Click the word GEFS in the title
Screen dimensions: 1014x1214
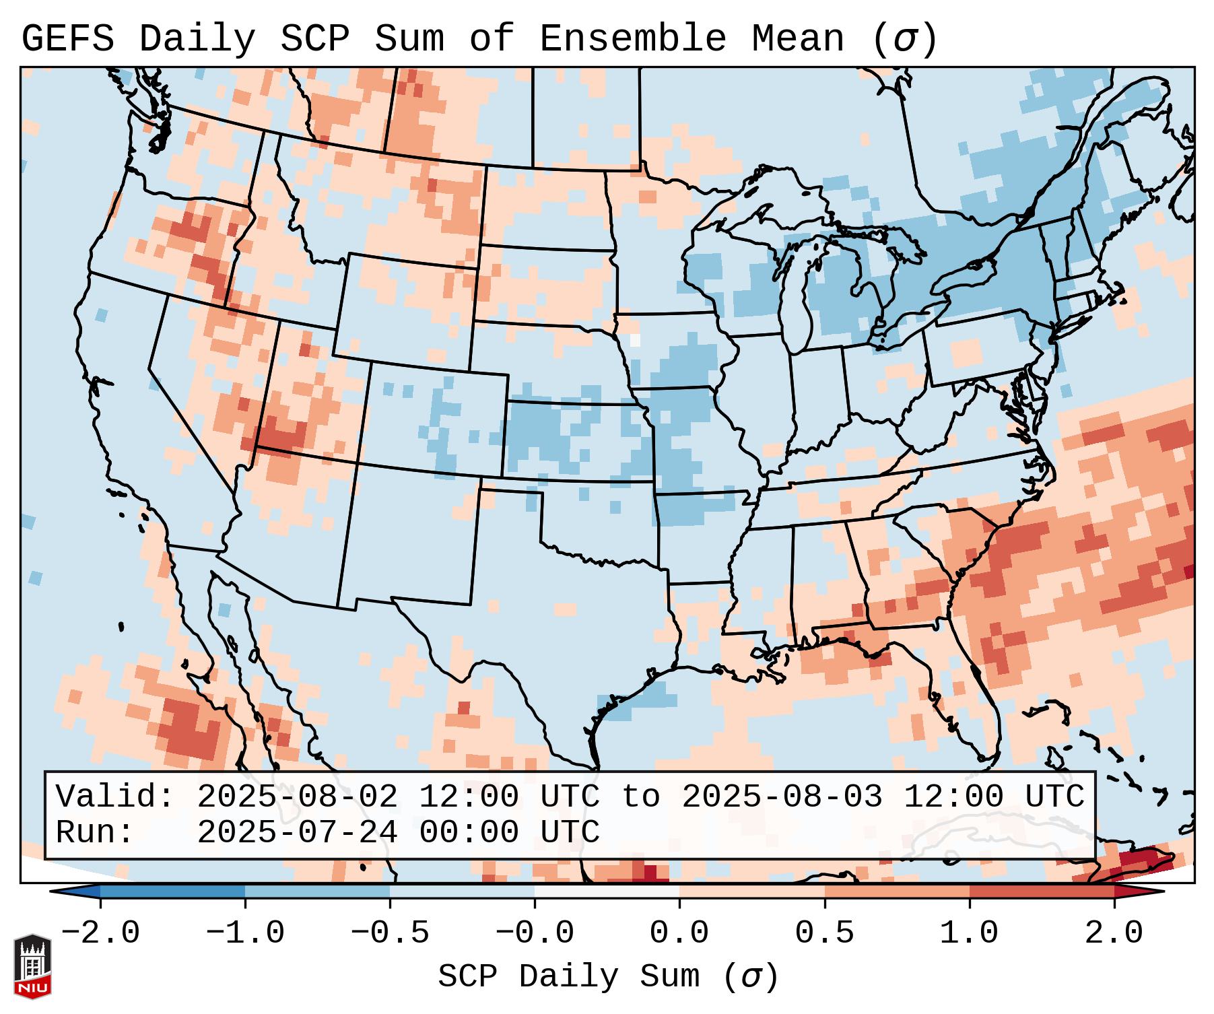coord(67,39)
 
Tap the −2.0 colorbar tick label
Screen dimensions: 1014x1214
coord(100,933)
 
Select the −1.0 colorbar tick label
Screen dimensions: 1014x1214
coord(245,933)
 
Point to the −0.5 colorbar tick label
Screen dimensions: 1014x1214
coord(390,933)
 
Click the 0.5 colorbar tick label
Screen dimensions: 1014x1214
coord(824,933)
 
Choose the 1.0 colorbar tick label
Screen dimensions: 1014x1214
coord(969,933)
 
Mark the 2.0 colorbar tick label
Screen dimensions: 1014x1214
coord(1114,933)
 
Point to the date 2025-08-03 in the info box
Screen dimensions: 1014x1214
coord(782,797)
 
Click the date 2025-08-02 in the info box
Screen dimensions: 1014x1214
coord(297,797)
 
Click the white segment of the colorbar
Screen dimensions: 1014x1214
coord(607,891)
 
